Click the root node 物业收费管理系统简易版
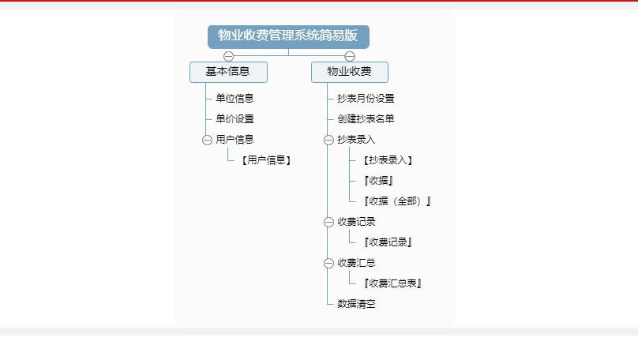288,36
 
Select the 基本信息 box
228,72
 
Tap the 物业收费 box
350,72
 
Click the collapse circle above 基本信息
229,56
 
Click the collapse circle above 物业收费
350,56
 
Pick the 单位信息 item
235,99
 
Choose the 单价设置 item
235,118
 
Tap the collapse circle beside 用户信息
207,140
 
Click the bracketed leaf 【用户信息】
266,160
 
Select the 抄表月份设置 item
366,99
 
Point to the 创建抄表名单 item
366,118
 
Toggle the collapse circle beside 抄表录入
328,140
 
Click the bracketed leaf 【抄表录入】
388,160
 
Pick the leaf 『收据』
378,181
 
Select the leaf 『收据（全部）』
397,201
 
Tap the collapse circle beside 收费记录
328,222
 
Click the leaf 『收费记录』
388,242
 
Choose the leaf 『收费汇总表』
392,283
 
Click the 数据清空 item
356,304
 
